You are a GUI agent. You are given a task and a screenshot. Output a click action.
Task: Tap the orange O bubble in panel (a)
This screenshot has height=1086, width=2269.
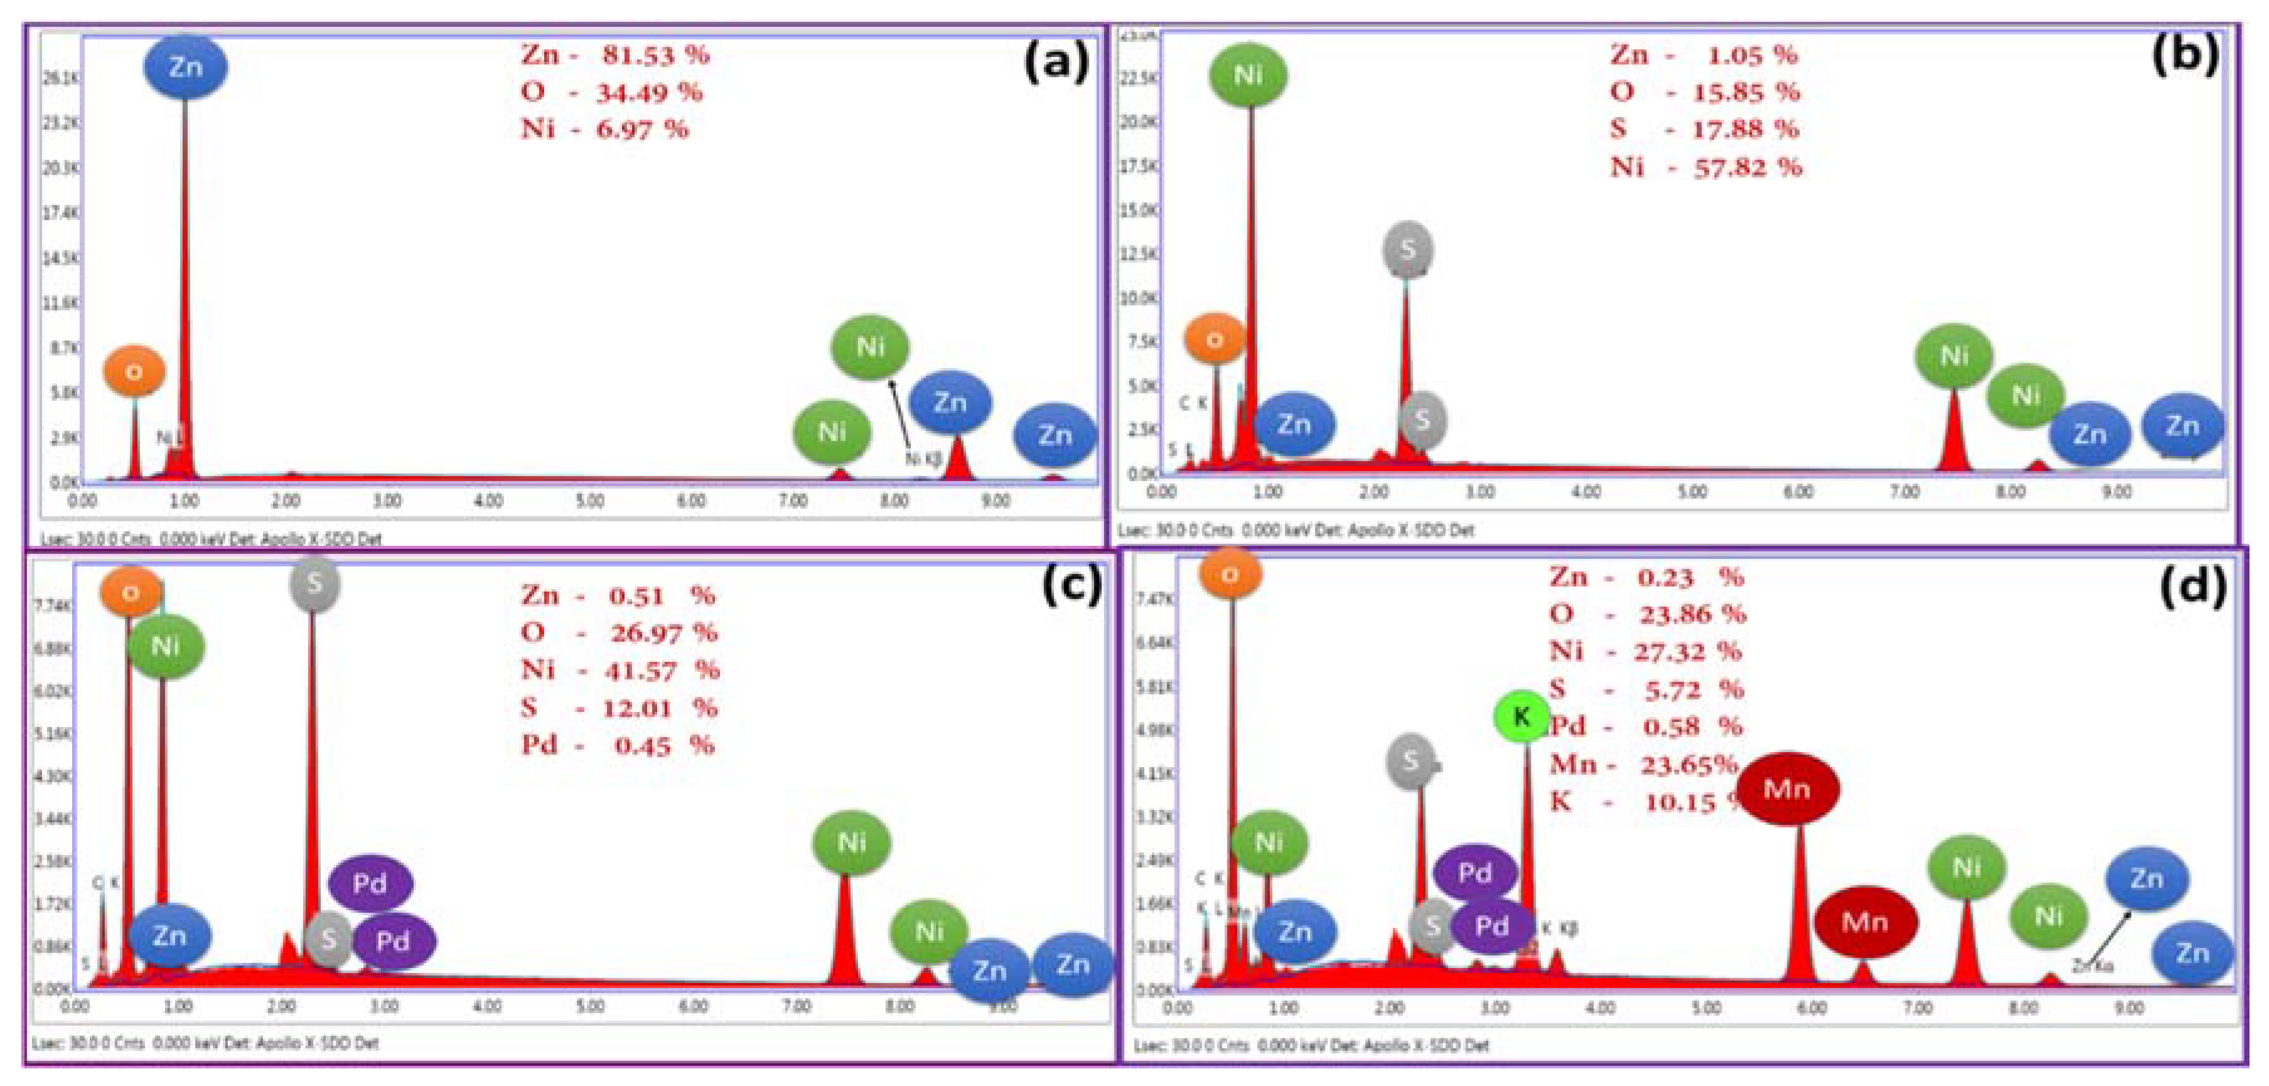[134, 371]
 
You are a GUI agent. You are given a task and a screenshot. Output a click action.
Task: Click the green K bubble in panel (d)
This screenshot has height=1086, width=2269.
[1521, 716]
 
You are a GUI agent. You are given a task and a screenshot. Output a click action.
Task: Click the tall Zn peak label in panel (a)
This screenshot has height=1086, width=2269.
[185, 67]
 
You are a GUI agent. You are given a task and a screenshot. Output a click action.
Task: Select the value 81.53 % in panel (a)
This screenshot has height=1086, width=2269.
[655, 55]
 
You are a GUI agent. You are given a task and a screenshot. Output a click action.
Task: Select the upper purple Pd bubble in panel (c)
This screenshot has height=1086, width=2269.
[370, 883]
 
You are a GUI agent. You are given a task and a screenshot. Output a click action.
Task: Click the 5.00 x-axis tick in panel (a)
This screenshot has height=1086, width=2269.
[589, 501]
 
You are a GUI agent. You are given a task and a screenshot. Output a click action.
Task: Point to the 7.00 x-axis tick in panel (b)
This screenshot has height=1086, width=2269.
[1904, 491]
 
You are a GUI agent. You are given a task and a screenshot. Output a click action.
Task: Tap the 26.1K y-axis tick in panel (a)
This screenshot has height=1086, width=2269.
[59, 79]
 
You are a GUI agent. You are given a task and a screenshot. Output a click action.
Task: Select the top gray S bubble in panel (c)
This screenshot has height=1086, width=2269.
[314, 583]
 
